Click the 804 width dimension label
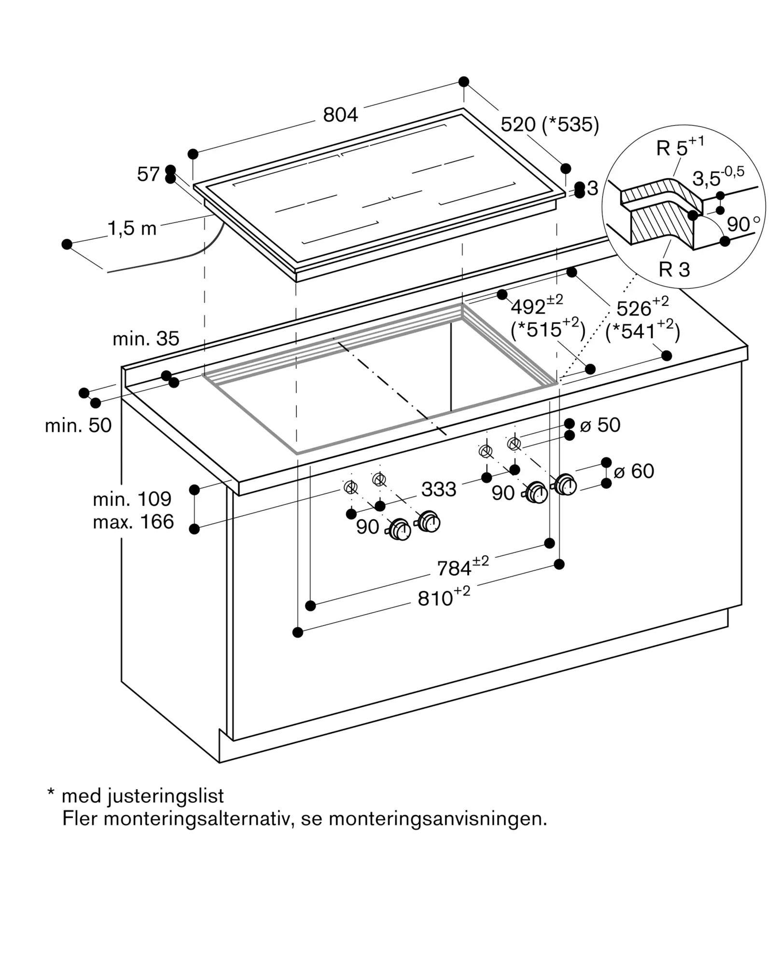(x=340, y=115)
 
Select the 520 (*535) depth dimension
(x=550, y=124)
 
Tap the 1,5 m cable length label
(x=132, y=228)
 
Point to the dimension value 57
(x=148, y=174)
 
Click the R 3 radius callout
(x=674, y=270)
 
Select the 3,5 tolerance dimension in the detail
(x=718, y=177)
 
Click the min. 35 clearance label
(x=146, y=339)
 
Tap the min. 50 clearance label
(x=78, y=426)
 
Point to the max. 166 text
(x=133, y=522)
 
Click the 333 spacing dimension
(x=439, y=489)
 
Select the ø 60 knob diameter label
(x=634, y=471)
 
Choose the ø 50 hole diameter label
(x=600, y=425)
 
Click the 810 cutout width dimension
(x=444, y=597)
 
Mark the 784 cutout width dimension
(x=463, y=567)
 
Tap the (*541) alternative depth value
(x=642, y=331)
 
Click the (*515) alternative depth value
(x=548, y=330)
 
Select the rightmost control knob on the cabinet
(x=565, y=484)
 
